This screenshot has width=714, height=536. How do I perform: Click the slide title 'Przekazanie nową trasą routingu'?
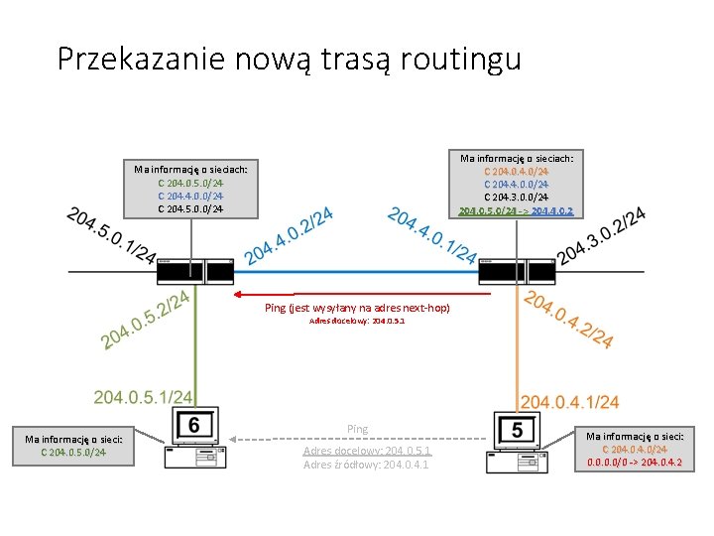click(289, 59)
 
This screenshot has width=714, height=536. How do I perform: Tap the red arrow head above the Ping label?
click(237, 295)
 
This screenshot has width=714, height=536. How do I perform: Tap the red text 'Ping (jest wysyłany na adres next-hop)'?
click(357, 308)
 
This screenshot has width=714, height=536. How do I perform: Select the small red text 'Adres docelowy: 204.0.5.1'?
click(357, 323)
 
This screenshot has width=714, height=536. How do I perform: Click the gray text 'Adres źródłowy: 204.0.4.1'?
click(366, 464)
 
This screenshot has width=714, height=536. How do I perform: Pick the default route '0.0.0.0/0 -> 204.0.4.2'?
click(635, 463)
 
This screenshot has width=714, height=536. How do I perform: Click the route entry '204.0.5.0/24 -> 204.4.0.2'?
click(516, 210)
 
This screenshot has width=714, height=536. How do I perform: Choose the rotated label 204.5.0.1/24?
click(110, 237)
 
